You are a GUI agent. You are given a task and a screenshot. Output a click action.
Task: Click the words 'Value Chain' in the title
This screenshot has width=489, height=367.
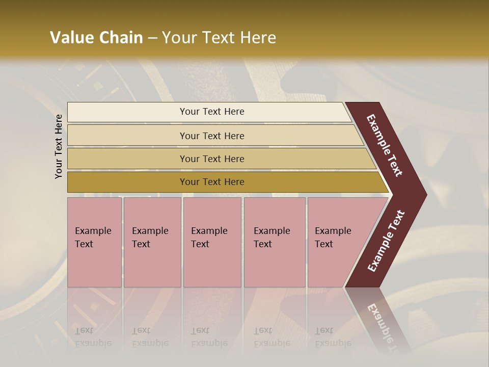[96, 38]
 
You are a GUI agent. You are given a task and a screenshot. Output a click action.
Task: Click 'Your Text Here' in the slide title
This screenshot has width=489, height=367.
[219, 38]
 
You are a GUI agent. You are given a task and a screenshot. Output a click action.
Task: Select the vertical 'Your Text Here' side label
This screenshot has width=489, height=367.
[59, 146]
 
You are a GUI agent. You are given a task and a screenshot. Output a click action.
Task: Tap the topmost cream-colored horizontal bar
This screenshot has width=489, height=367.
[127, 112]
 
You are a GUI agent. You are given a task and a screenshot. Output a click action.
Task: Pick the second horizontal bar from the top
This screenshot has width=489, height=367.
[127, 136]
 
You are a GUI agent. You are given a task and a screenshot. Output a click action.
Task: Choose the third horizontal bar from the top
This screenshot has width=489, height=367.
[127, 159]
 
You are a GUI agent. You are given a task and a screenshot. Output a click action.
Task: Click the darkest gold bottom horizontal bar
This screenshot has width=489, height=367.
[127, 182]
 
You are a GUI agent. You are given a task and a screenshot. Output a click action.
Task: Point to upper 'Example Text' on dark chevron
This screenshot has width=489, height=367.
[385, 145]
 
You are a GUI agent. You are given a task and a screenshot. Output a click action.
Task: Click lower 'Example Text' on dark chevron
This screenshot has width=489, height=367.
[386, 241]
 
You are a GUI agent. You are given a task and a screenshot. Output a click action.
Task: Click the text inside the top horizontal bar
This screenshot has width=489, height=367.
[212, 112]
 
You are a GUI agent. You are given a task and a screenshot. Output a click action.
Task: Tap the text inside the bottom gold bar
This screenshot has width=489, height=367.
[212, 182]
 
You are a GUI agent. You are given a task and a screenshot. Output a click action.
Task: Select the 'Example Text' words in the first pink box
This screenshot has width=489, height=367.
[93, 238]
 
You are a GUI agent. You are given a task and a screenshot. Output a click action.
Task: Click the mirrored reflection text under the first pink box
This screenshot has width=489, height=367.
[93, 337]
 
